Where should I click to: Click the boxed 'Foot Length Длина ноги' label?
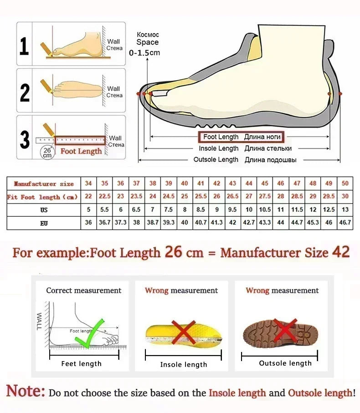(x=240, y=137)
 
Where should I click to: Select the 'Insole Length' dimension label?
(x=218, y=148)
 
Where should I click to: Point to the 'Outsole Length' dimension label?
(x=216, y=160)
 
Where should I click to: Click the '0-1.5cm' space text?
(x=144, y=53)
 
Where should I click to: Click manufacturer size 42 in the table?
(x=217, y=184)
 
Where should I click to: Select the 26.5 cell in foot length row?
(x=232, y=197)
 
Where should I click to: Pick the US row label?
(x=44, y=210)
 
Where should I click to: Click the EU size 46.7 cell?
(x=345, y=223)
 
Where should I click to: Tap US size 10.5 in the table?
(x=265, y=210)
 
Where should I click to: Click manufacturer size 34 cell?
(x=88, y=184)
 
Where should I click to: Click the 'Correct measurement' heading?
(x=84, y=291)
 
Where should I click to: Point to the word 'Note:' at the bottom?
(x=26, y=391)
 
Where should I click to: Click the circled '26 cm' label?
(x=47, y=153)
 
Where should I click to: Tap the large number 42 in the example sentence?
(x=340, y=252)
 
